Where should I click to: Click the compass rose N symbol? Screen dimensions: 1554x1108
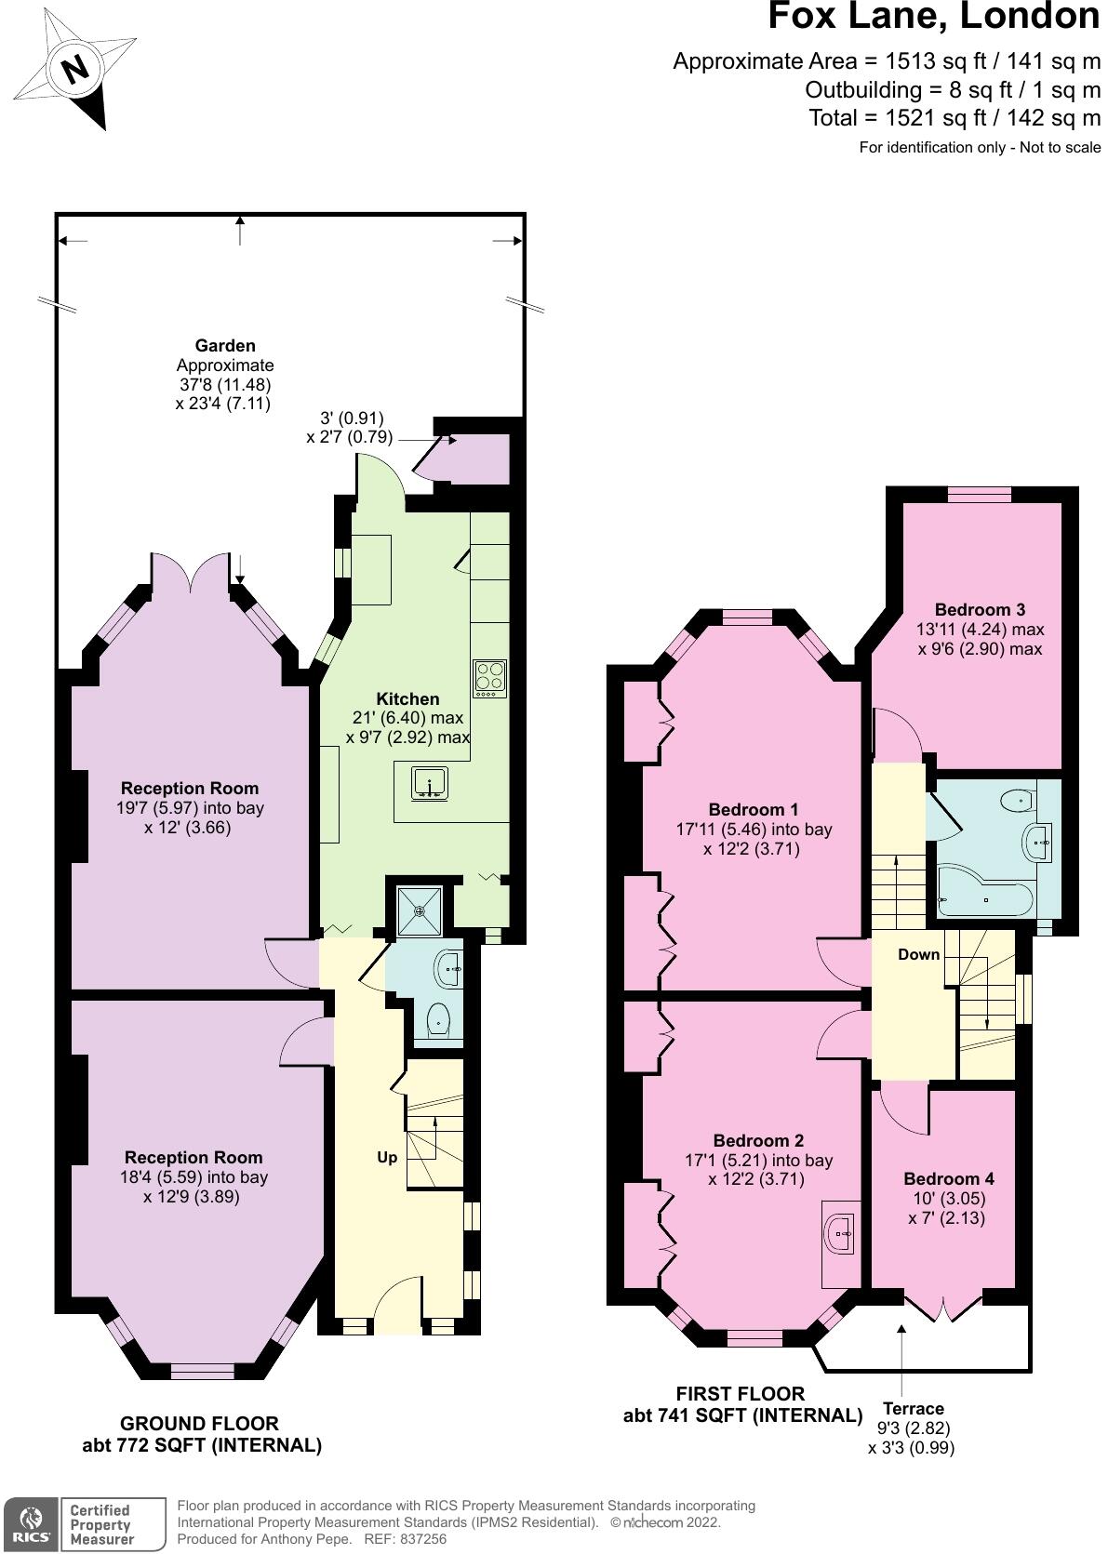click(74, 69)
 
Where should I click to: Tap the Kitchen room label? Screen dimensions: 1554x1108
click(407, 698)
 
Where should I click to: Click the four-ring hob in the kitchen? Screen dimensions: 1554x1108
click(489, 678)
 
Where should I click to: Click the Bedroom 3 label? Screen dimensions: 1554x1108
click(980, 609)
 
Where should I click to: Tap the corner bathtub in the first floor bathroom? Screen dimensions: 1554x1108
click(984, 893)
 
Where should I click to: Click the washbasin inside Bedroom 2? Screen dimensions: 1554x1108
click(841, 1233)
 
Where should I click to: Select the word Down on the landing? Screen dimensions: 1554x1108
click(918, 954)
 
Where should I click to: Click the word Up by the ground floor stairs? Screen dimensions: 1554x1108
click(387, 1157)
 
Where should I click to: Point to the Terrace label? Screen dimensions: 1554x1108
click(913, 1408)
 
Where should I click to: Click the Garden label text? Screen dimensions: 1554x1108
click(225, 346)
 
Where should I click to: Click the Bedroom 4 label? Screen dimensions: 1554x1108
click(948, 1178)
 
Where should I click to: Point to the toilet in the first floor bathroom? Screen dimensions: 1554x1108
click(1017, 798)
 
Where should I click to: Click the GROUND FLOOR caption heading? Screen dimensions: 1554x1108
click(199, 1423)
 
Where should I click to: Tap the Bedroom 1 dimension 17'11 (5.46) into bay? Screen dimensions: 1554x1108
click(754, 829)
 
